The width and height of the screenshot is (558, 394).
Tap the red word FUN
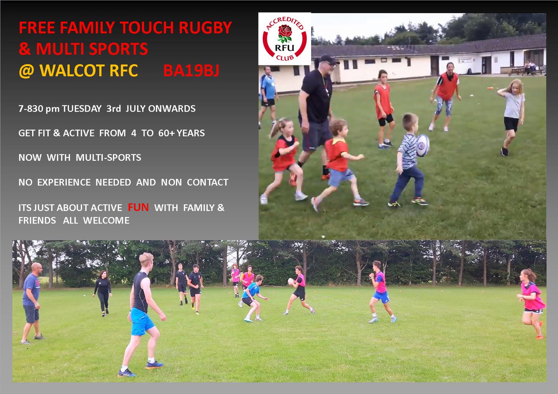pyautogui.click(x=139, y=208)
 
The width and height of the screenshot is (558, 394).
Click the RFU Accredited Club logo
pyautogui.click(x=285, y=39)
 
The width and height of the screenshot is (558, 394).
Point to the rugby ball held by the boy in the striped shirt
pyautogui.click(x=422, y=145)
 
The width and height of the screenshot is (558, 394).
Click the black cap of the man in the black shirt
pyautogui.click(x=328, y=59)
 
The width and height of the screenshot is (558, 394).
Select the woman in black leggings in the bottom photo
pyautogui.click(x=102, y=293)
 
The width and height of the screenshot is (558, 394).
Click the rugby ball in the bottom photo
pyautogui.click(x=291, y=281)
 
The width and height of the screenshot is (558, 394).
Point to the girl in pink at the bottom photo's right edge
pyautogui.click(x=531, y=302)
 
